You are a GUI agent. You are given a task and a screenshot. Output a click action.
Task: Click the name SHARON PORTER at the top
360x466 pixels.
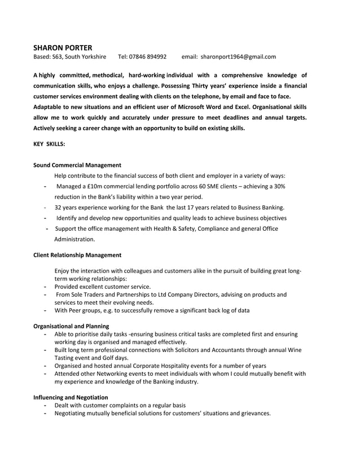[x=62, y=47]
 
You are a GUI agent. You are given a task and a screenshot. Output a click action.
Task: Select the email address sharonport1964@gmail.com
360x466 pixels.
[x=238, y=57]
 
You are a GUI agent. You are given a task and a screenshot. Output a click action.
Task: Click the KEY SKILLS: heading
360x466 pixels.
[x=49, y=144]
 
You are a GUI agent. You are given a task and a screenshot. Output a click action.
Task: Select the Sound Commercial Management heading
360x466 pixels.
[x=77, y=165]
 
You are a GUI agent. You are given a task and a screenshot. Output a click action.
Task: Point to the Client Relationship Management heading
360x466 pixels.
[x=77, y=255]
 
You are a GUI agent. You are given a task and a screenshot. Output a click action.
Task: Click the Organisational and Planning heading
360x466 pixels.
[x=72, y=326]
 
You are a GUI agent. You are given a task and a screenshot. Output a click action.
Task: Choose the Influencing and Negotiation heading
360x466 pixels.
[x=71, y=397]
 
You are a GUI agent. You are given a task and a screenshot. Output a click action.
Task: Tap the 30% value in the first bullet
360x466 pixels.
[x=279, y=186]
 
